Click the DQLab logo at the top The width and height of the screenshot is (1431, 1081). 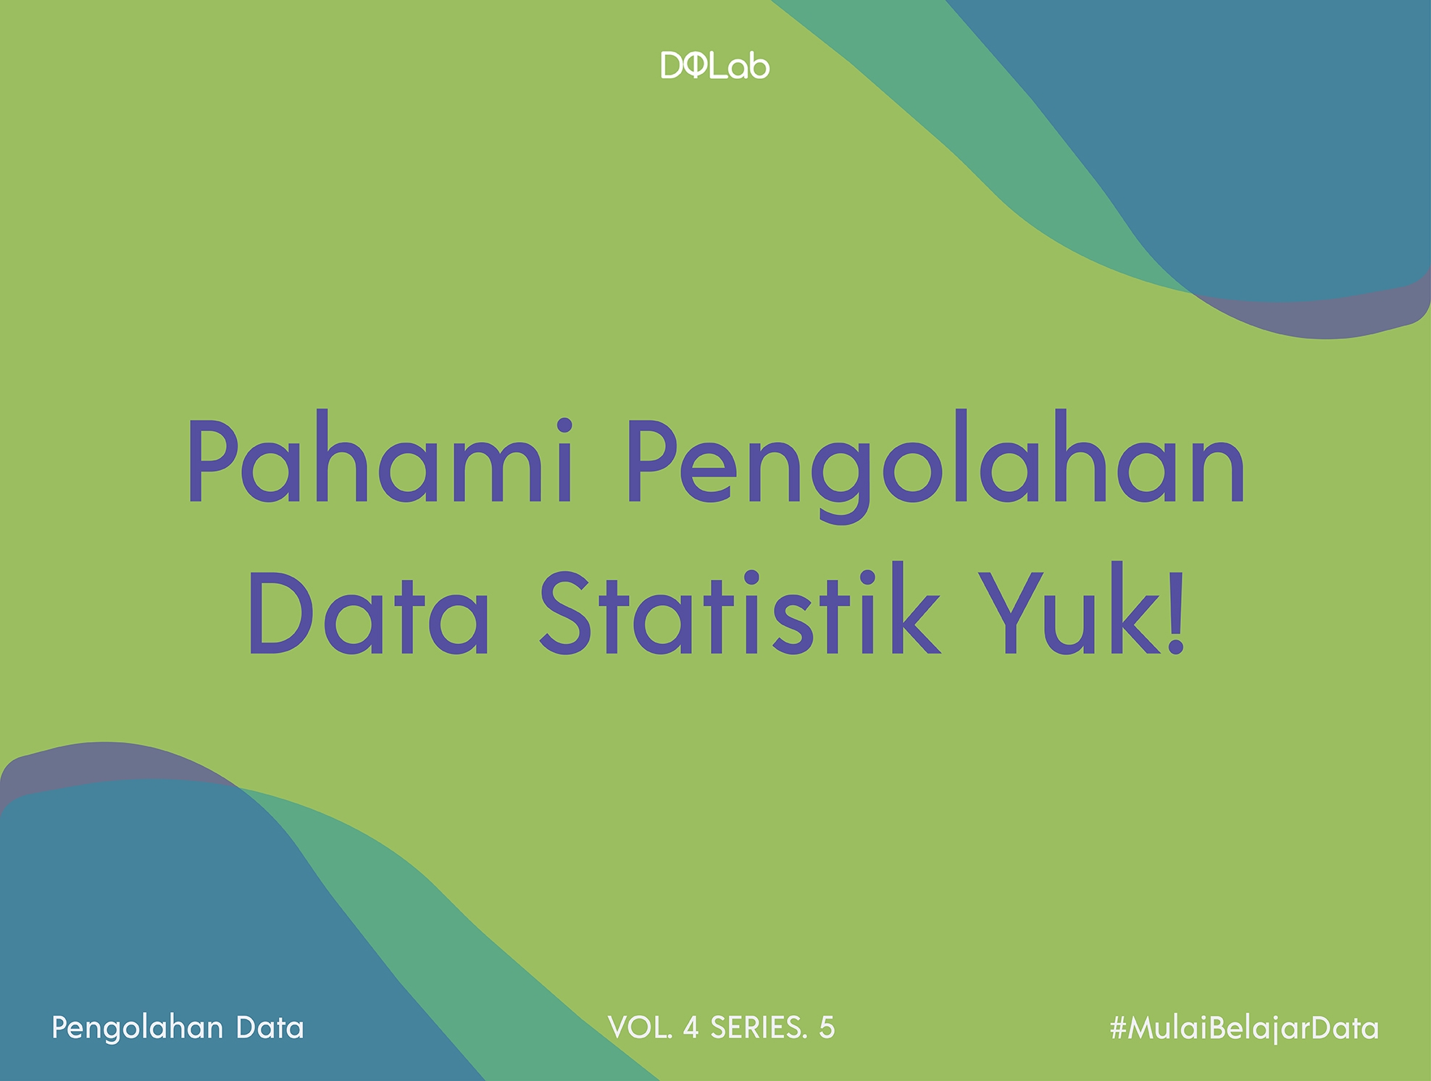click(714, 66)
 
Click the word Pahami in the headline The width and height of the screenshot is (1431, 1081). click(381, 460)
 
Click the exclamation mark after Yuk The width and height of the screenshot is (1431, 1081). click(1175, 612)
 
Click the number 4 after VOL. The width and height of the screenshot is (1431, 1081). click(691, 1027)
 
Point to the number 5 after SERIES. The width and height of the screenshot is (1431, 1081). click(827, 1027)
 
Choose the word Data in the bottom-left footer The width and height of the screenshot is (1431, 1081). click(270, 1028)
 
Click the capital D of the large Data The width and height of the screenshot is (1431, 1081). click(280, 614)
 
